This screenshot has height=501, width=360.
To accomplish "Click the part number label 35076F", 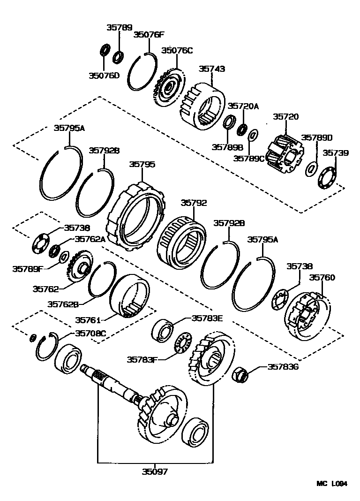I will [x=149, y=34].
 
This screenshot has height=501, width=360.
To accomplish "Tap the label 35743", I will [x=212, y=68].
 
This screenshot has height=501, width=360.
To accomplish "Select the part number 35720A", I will [x=243, y=106].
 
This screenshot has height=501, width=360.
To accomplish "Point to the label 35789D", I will [x=316, y=137].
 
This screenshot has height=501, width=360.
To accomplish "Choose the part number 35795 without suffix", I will [x=142, y=164].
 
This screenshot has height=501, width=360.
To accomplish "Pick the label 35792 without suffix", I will [x=194, y=203].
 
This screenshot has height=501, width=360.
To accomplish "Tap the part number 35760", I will [x=322, y=278].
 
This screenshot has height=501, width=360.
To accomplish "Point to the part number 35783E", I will [x=207, y=318].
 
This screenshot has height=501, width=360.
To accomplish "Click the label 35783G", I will [x=283, y=366].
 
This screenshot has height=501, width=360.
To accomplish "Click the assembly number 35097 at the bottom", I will [x=155, y=471].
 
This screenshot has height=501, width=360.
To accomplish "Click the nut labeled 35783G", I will [x=240, y=374].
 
